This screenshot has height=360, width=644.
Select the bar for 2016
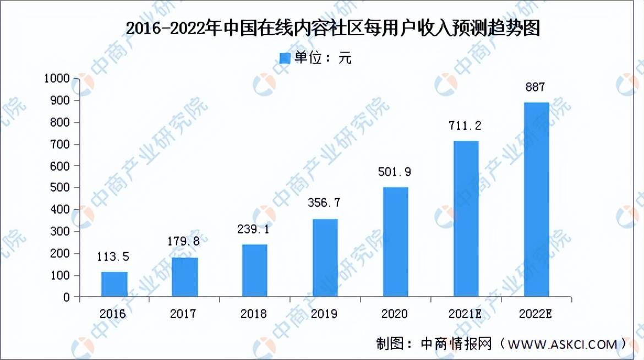point(114,285)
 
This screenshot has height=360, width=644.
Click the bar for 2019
point(325,258)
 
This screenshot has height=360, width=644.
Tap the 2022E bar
point(536,199)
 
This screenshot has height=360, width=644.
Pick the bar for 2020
point(395,242)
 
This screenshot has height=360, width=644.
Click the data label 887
point(534,87)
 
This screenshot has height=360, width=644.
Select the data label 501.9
point(395,172)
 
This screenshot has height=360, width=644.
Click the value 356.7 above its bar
point(325,203)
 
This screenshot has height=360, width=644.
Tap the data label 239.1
point(254,230)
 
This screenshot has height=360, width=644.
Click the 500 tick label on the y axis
point(61,188)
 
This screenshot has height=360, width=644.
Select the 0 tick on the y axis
point(67,298)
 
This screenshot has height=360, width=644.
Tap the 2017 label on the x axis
point(183,314)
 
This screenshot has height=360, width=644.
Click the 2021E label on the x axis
point(466,314)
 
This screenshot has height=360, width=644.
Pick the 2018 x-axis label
point(254,314)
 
